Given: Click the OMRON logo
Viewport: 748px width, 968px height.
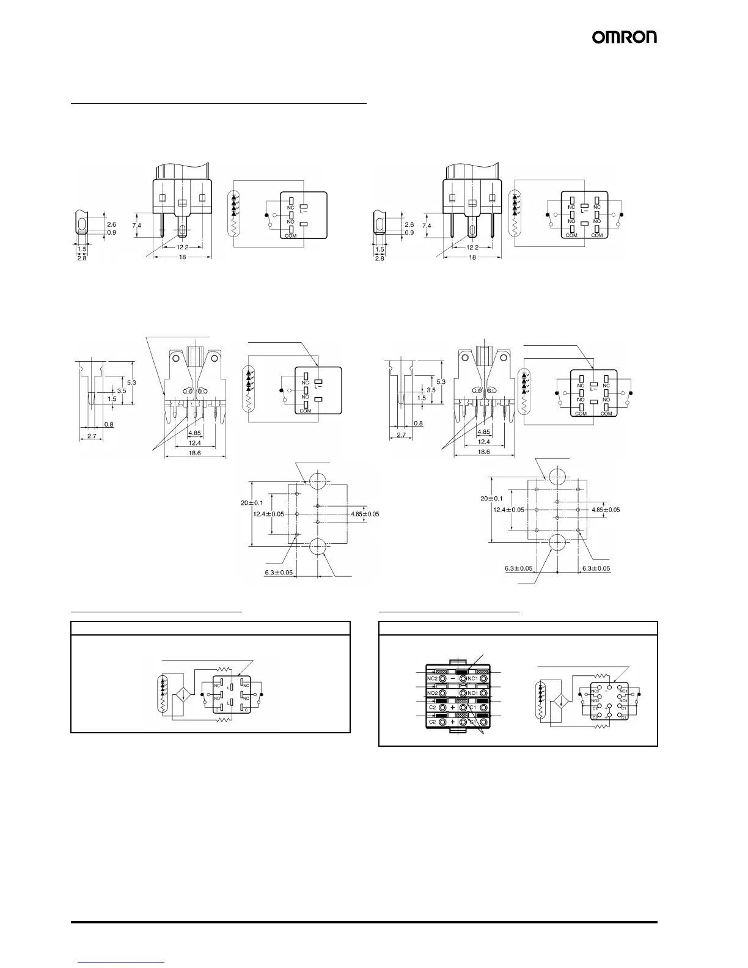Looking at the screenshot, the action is coord(624,37).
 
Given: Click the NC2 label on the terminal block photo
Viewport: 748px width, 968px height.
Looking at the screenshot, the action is coord(431,678).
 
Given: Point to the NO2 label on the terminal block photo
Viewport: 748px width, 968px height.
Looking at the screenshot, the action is coord(431,693).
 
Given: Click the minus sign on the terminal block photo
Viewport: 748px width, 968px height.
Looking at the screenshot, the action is coord(452,678).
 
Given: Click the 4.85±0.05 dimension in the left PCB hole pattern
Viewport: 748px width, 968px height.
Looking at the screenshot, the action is coord(365,514).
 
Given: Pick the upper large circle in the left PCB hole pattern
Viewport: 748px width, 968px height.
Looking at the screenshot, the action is coord(318,481).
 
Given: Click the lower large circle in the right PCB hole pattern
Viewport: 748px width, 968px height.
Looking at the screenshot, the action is coord(558,541).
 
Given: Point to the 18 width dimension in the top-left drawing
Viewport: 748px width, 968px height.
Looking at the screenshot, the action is coord(182,258).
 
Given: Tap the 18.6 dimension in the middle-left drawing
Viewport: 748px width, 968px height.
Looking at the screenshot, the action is coord(194,453).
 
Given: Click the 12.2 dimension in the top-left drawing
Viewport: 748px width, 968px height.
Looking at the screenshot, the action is coord(182,248).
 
